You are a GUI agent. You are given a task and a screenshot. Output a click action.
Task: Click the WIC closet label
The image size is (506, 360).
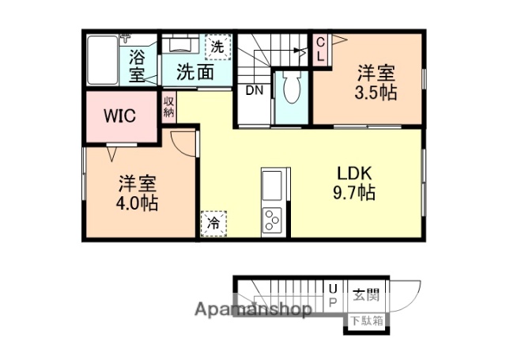click(119, 116)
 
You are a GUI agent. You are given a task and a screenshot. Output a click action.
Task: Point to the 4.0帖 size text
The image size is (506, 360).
click(138, 203)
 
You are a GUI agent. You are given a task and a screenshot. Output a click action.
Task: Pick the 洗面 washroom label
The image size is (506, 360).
click(194, 73)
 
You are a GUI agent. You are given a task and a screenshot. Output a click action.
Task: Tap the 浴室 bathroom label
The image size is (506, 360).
click(137, 66)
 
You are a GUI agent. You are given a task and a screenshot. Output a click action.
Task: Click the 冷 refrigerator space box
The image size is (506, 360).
click(213, 223)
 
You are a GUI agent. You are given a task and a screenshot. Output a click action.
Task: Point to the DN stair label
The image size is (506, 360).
click(253, 90)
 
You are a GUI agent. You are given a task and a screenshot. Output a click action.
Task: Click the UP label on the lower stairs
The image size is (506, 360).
click(333, 297)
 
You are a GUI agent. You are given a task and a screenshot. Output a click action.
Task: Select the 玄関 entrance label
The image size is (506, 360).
click(366, 296)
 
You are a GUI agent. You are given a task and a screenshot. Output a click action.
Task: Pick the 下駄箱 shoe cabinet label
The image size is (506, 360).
click(367, 320)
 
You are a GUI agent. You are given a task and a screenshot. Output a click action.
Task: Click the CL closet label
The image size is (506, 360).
click(320, 49)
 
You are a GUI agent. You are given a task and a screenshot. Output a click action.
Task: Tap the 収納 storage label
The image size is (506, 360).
click(169, 107)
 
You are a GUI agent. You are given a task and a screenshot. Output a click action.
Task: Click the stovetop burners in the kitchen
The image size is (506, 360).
click(272, 218)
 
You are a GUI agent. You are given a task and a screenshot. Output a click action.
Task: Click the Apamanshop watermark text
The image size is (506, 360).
click(252, 310)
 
